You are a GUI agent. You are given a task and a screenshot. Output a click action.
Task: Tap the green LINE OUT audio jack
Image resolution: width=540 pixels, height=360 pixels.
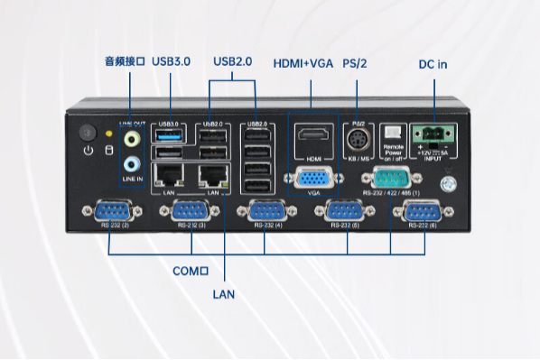click(132, 140)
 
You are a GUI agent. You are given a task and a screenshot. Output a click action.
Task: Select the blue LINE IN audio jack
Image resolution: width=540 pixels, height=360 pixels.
click(132, 164)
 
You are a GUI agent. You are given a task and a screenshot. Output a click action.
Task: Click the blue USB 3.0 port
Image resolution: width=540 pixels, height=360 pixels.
click(170, 135)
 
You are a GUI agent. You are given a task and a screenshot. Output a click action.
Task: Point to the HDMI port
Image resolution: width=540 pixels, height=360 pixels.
click(312, 138)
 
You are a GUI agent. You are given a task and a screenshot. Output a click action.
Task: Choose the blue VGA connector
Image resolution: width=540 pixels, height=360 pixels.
click(312, 178)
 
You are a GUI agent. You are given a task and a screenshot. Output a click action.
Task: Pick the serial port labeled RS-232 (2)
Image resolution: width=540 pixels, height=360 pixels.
click(108, 214)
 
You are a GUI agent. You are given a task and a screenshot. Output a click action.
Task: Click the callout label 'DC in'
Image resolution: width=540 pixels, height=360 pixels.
click(433, 64)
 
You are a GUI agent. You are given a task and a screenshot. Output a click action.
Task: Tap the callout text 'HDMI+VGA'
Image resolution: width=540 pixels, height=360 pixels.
click(303, 63)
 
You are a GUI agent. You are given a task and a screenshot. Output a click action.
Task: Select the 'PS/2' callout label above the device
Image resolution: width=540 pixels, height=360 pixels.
click(356, 63)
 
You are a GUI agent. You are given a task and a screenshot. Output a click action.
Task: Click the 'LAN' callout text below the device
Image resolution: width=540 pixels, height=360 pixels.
click(223, 294)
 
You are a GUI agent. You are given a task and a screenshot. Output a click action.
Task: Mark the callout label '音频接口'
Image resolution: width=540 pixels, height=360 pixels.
click(125, 61)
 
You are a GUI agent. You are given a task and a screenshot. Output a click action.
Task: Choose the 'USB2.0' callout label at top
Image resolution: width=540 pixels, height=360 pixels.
click(232, 61)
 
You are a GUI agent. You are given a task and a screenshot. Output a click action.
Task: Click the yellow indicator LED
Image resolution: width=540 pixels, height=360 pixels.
click(110, 134)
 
